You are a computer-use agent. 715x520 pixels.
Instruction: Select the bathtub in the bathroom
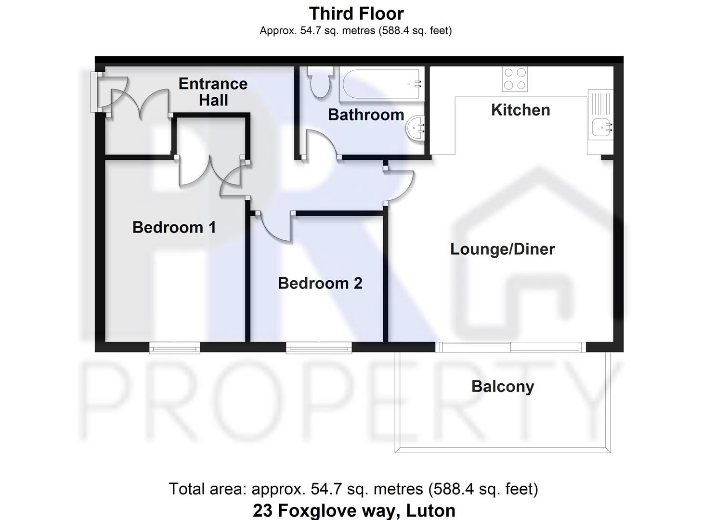[381, 85]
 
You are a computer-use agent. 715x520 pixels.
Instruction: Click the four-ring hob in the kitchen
[515, 79]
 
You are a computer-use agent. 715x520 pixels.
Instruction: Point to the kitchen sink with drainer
[600, 116]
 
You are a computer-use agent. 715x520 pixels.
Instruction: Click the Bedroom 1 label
[174, 227]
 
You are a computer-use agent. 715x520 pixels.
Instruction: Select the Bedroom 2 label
[320, 283]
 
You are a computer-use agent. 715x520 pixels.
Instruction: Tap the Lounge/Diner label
[502, 249]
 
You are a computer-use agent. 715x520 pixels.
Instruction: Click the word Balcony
[502, 387]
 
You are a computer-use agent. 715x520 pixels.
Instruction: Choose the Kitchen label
[520, 110]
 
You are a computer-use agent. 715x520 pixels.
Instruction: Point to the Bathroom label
[366, 115]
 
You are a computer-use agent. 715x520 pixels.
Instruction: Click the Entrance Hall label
[213, 92]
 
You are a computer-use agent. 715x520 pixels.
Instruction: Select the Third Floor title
[356, 13]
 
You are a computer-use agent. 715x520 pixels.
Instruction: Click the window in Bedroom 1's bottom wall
[174, 348]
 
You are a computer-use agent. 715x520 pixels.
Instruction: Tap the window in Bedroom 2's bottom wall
[319, 348]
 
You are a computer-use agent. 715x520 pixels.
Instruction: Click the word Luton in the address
[430, 510]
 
